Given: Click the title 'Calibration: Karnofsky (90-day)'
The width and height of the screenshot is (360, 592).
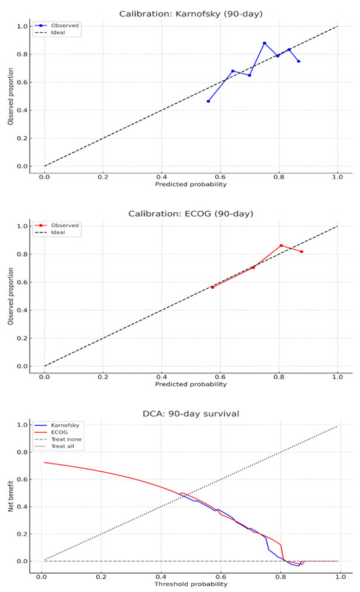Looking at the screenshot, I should tap(190, 14).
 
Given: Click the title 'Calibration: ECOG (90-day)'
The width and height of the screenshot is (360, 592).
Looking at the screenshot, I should tap(190, 213).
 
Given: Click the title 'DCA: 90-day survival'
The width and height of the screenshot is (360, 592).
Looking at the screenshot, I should tap(190, 413).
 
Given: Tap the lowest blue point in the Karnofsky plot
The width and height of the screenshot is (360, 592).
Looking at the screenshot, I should tap(208, 101).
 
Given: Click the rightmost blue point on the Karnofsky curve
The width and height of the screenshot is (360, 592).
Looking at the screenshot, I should tap(298, 62).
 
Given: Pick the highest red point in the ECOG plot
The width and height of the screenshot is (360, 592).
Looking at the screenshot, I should tap(281, 246).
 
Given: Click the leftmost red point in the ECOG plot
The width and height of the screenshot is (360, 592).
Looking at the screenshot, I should tap(212, 287).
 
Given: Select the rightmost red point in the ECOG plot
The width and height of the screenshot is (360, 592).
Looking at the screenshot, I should tap(302, 251).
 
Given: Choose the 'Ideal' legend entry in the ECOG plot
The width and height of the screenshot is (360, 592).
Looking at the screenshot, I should tap(65, 232).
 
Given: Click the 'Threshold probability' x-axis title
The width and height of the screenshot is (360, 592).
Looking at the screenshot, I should tap(190, 583).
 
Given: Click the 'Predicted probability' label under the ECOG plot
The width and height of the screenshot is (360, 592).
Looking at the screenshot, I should tap(190, 384).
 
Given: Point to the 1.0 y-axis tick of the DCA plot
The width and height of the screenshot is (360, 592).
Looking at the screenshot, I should tap(22, 425).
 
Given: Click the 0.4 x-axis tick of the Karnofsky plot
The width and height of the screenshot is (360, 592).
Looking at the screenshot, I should tap(161, 176).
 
